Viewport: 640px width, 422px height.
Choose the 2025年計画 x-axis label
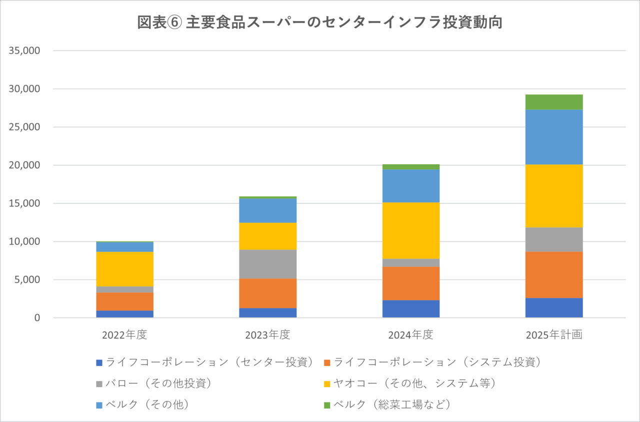pos(554,335)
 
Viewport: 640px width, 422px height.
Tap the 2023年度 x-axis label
pos(267,335)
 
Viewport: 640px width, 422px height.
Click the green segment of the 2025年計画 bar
pos(554,102)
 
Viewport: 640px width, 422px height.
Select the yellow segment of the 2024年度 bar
pos(411,230)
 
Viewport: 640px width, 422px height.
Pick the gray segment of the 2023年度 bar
pos(267,264)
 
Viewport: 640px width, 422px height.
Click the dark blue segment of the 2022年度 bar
pos(124,314)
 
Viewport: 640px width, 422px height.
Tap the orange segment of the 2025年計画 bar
pos(554,275)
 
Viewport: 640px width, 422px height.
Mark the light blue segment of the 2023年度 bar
pos(267,210)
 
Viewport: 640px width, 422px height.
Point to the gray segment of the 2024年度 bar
pos(411,263)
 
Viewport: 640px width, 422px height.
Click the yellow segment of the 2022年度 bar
pos(124,269)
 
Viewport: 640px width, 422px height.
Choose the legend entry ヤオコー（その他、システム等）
pos(414,383)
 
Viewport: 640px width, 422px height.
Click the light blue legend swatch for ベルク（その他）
pos(98,405)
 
